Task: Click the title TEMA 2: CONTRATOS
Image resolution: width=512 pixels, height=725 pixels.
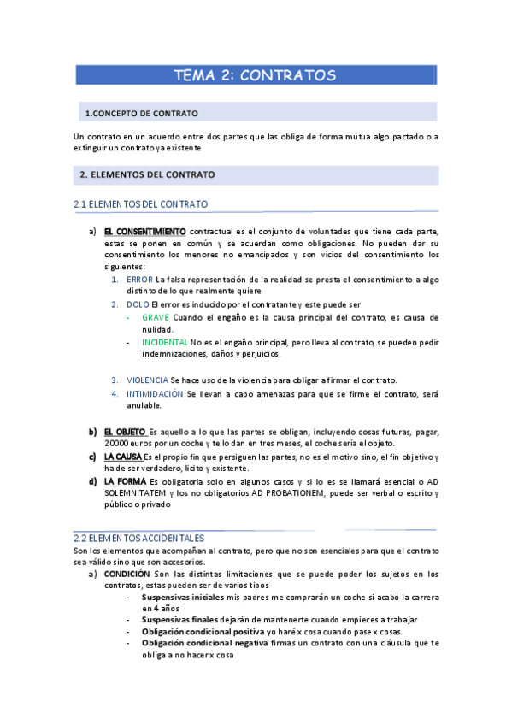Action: [x=255, y=75]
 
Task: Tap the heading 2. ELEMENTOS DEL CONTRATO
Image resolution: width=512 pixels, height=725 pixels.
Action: [x=146, y=174]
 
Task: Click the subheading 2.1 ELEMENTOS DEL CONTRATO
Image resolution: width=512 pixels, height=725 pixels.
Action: [x=141, y=204]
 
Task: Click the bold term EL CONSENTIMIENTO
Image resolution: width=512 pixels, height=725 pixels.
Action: [x=144, y=232]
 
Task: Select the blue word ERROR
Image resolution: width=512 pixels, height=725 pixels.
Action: [x=139, y=280]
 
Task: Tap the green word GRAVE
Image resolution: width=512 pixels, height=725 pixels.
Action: [x=156, y=317]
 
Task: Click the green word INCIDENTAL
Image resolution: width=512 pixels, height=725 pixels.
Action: [x=165, y=342]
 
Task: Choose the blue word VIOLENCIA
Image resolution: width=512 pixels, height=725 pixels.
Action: [x=147, y=380]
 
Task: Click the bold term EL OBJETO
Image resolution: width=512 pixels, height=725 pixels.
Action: [x=126, y=431]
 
